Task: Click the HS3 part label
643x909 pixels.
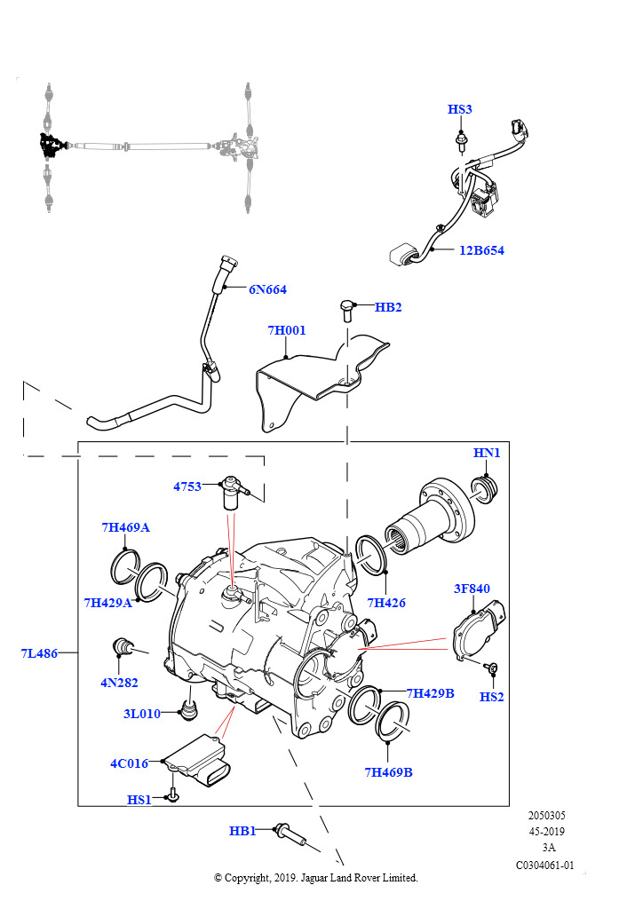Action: click(x=459, y=109)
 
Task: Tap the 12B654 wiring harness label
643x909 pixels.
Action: click(x=481, y=250)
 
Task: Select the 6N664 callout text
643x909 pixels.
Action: click(x=267, y=289)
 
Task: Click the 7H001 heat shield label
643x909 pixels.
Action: click(x=287, y=330)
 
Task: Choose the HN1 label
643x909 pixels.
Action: click(x=487, y=453)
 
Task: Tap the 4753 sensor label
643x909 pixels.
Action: click(x=187, y=486)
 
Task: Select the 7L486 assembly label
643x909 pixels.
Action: click(x=39, y=653)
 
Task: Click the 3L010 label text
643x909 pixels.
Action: click(x=141, y=714)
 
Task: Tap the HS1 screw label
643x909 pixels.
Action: click(x=139, y=799)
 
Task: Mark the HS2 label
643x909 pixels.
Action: click(x=491, y=697)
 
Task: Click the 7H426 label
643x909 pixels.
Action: click(x=386, y=603)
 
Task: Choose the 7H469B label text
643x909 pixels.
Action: click(x=388, y=772)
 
